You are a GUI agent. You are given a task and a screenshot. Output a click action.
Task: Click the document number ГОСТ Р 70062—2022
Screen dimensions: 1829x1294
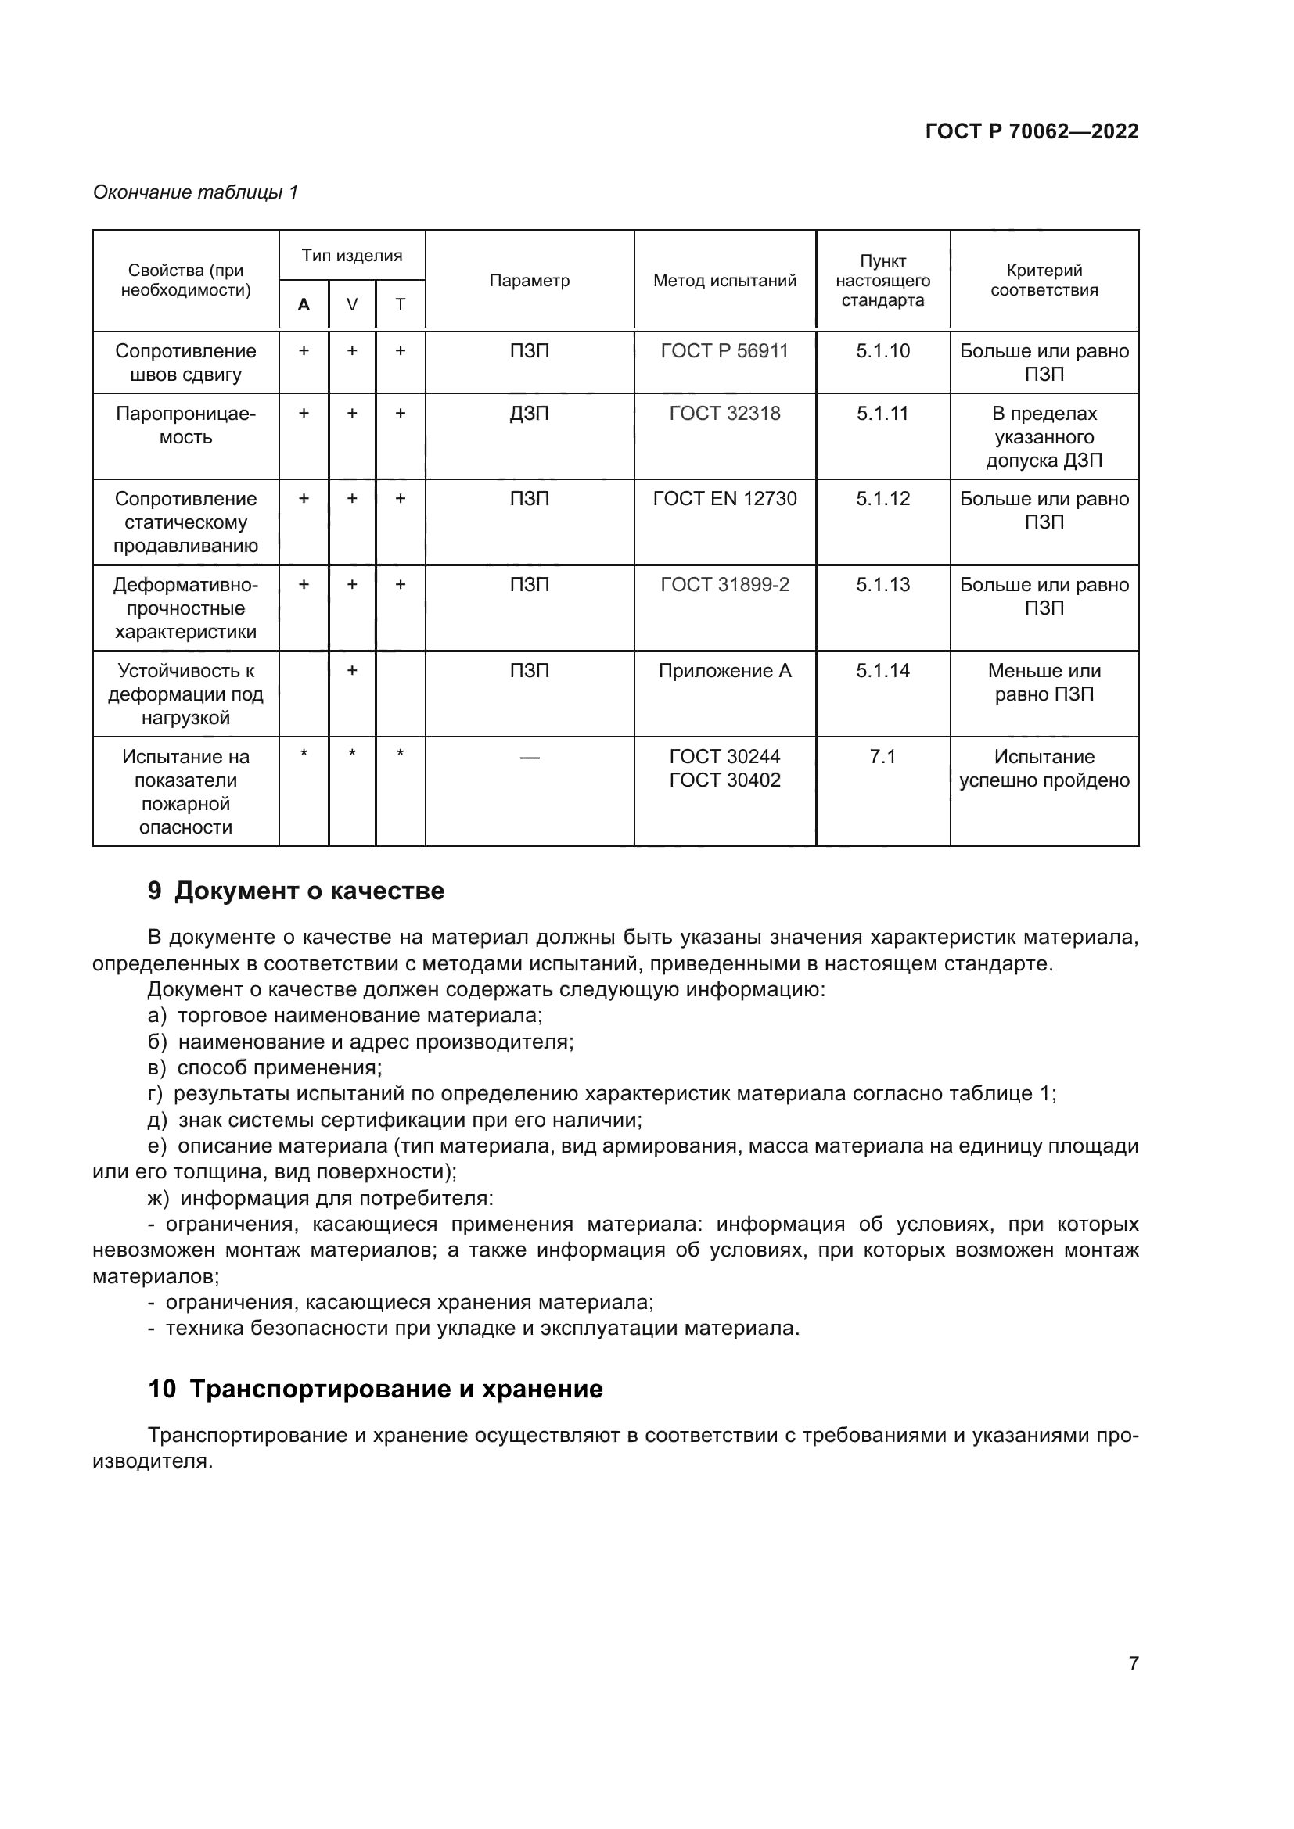click(1031, 131)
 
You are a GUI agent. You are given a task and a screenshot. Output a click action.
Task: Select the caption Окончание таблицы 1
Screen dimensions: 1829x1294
click(196, 192)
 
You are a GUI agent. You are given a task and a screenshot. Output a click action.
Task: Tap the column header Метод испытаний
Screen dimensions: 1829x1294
click(724, 281)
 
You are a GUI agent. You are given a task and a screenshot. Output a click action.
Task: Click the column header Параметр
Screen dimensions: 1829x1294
click(529, 281)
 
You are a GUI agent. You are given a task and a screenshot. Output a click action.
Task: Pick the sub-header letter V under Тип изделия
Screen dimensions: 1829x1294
click(351, 304)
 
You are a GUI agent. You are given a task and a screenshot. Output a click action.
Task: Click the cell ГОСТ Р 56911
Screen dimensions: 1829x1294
click(724, 351)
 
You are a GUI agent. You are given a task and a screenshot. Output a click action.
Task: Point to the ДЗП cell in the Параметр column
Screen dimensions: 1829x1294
click(529, 414)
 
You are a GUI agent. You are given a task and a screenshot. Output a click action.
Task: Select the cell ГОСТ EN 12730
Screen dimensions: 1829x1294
click(724, 499)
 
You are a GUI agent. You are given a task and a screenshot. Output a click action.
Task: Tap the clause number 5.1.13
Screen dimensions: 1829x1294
click(882, 585)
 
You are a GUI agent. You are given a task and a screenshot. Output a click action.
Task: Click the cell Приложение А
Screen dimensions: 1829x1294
click(724, 671)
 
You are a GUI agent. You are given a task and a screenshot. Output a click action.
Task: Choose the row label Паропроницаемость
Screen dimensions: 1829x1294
click(185, 425)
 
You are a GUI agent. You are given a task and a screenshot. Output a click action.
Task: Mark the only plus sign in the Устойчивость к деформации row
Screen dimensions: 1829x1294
click(351, 671)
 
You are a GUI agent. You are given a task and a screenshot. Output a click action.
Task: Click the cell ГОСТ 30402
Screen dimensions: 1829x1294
click(724, 780)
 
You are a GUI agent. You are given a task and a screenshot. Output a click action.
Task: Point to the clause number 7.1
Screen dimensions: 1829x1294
click(882, 757)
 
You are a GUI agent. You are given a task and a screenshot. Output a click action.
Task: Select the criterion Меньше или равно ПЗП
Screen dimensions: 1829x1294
click(1044, 683)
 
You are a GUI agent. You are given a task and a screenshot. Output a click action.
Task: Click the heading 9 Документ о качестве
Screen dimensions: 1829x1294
click(297, 891)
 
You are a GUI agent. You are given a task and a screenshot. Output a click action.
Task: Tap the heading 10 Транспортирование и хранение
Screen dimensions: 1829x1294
click(376, 1390)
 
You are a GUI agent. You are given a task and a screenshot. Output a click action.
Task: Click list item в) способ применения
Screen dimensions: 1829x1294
click(264, 1067)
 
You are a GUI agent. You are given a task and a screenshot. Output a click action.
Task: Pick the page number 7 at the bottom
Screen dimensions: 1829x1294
click(1133, 1663)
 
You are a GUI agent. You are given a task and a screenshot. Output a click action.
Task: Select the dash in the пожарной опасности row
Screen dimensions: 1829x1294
click(529, 758)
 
